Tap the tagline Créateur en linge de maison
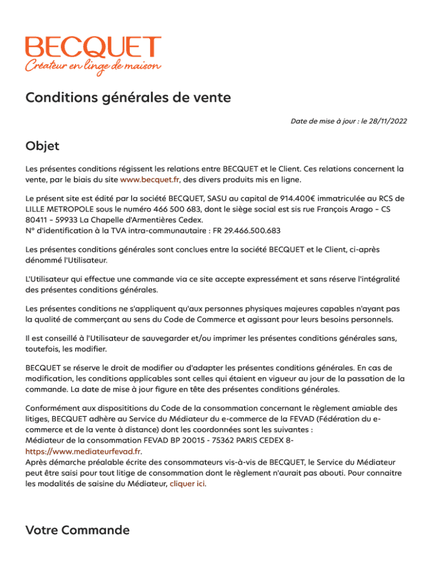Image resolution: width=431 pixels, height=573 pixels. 93,66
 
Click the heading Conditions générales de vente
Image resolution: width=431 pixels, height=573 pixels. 128,98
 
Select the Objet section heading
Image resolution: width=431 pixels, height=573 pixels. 42,147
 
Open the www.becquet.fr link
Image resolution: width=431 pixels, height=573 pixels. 149,180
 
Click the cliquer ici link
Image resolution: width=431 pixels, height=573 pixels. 188,483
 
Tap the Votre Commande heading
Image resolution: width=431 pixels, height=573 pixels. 77,530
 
